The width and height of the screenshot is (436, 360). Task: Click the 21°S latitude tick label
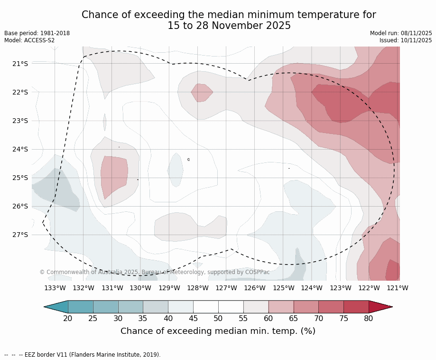pyautogui.click(x=20, y=64)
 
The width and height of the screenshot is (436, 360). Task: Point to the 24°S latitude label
pyautogui.click(x=20, y=149)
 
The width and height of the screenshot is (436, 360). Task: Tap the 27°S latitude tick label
pyautogui.click(x=20, y=235)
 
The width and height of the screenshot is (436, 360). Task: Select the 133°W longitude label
pyautogui.click(x=55, y=288)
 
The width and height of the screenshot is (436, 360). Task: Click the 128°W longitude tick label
pyautogui.click(x=198, y=288)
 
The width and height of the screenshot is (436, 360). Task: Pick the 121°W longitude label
pyautogui.click(x=398, y=288)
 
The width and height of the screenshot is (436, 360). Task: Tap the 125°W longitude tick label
pyautogui.click(x=283, y=288)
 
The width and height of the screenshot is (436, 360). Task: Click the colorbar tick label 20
pyautogui.click(x=68, y=318)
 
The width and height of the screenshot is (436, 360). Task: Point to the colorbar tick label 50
pyautogui.click(x=218, y=318)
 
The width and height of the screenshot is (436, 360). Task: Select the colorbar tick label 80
pyautogui.click(x=369, y=318)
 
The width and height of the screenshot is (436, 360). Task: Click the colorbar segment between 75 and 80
pyautogui.click(x=356, y=307)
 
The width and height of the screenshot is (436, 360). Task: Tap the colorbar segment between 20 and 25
pyautogui.click(x=81, y=307)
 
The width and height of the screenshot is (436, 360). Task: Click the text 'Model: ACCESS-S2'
pyautogui.click(x=29, y=40)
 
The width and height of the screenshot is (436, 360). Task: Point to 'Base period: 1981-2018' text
pyautogui.click(x=37, y=33)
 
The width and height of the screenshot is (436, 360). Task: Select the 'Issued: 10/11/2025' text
pyautogui.click(x=406, y=40)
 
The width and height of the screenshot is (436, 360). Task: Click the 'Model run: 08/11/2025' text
pyautogui.click(x=401, y=33)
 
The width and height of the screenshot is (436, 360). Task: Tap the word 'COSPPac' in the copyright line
pyautogui.click(x=257, y=272)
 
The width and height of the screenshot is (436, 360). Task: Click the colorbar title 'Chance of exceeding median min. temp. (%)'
pyautogui.click(x=218, y=331)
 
